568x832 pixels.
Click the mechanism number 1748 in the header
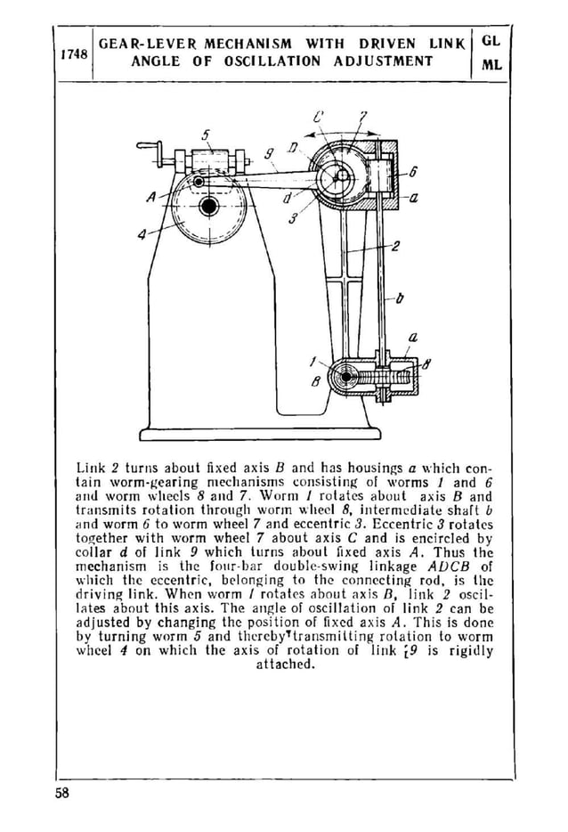tap(73, 53)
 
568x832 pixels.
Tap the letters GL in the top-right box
tap(491, 41)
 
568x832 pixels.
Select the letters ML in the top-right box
tap(491, 64)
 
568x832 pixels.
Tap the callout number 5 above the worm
tap(206, 135)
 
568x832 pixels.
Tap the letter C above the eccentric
tap(318, 116)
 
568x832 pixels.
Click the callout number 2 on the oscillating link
tap(394, 247)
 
